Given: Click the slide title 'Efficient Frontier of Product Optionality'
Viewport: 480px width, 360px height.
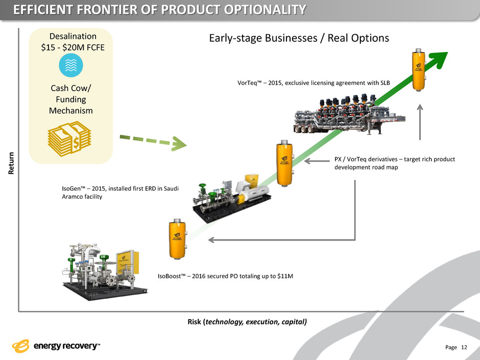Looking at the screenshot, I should pyautogui.click(x=154, y=10).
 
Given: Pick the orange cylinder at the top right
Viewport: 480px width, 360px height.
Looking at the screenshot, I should pyautogui.click(x=419, y=70).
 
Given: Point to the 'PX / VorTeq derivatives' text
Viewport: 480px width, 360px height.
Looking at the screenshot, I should pyautogui.click(x=394, y=163).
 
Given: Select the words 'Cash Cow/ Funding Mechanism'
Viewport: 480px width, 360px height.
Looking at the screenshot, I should pyautogui.click(x=70, y=99).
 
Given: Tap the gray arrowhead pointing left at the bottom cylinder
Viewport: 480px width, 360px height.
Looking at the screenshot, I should pyautogui.click(x=213, y=239).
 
